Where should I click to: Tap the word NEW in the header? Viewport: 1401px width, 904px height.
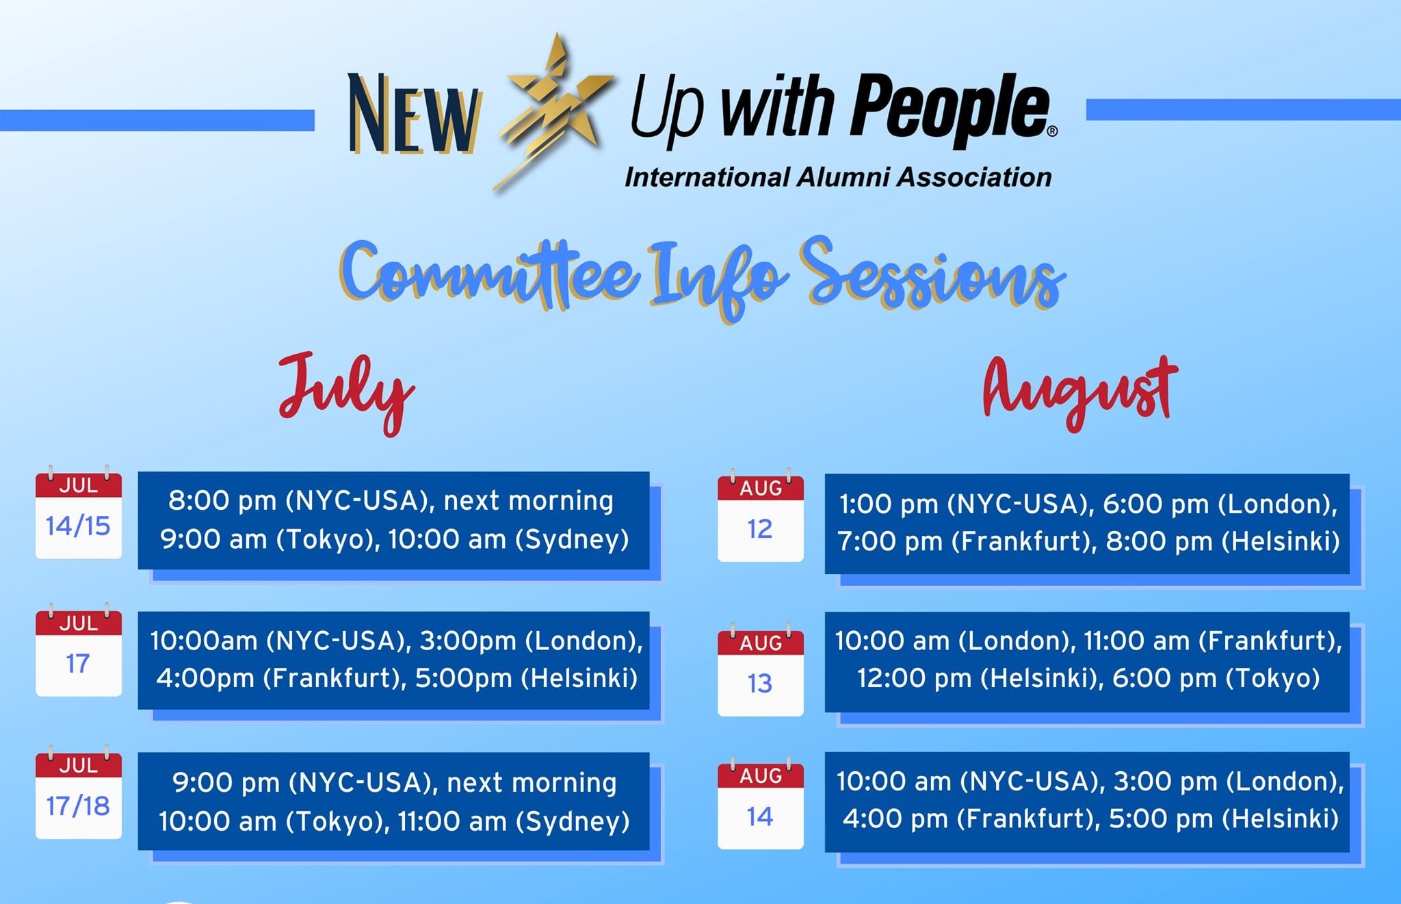click(x=413, y=114)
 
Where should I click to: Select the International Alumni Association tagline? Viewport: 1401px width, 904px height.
click(x=838, y=177)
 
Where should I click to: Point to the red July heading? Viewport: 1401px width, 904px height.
click(x=346, y=392)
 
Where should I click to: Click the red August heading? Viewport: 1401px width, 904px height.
click(x=1080, y=392)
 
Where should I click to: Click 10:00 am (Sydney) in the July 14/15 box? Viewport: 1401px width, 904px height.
click(x=509, y=539)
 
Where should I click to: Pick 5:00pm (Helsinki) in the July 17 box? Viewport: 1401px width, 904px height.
click(x=527, y=678)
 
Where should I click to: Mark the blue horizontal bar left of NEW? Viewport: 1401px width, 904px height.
click(x=157, y=120)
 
